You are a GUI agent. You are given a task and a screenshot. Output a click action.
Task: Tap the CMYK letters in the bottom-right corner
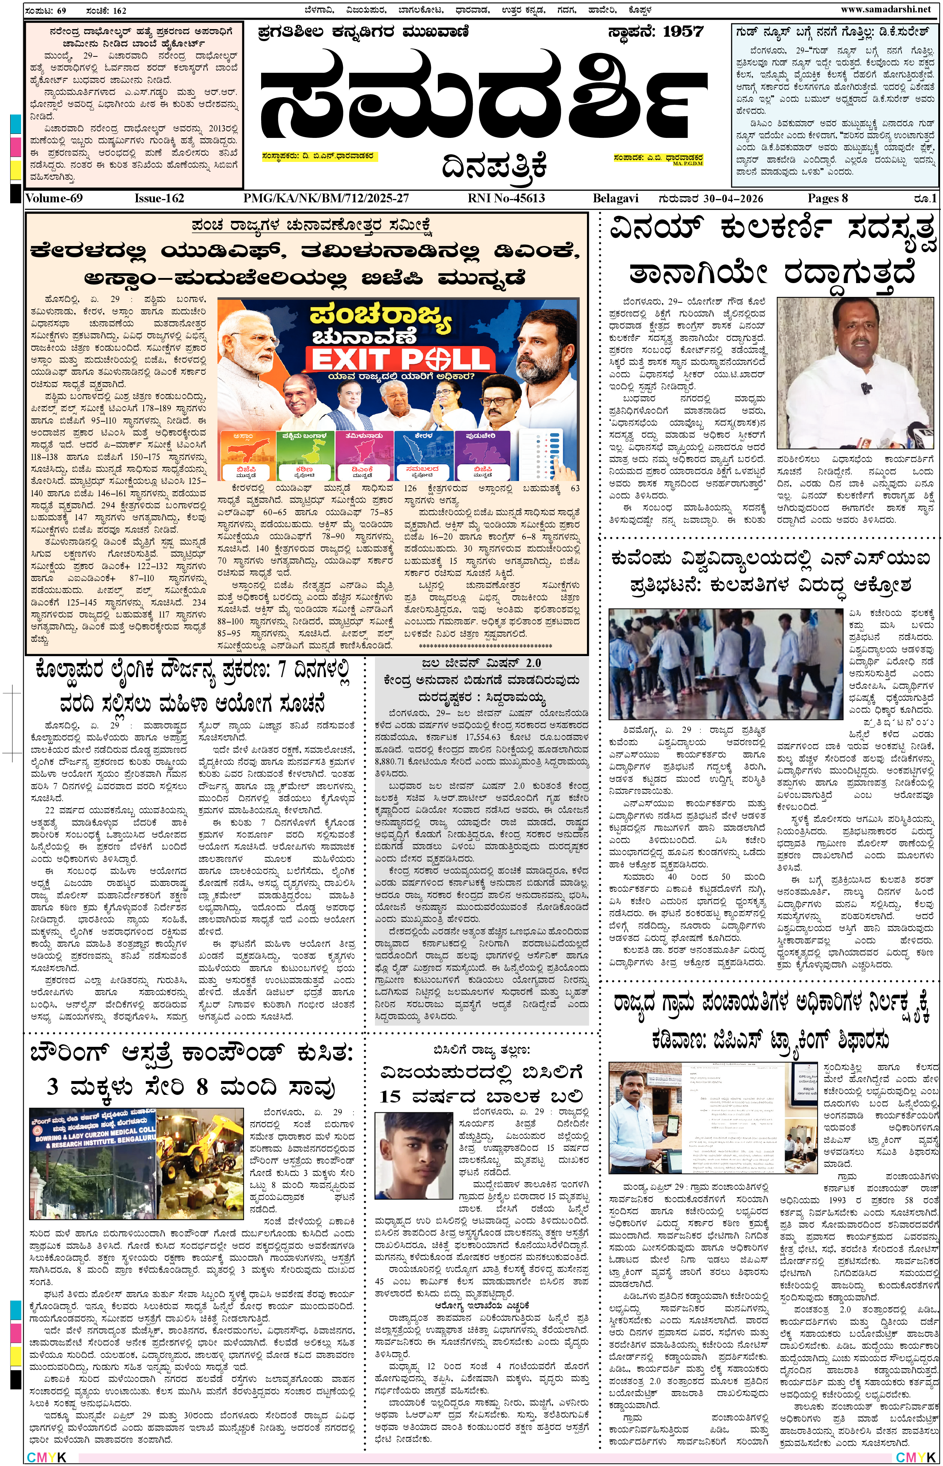pyautogui.click(x=915, y=1457)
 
